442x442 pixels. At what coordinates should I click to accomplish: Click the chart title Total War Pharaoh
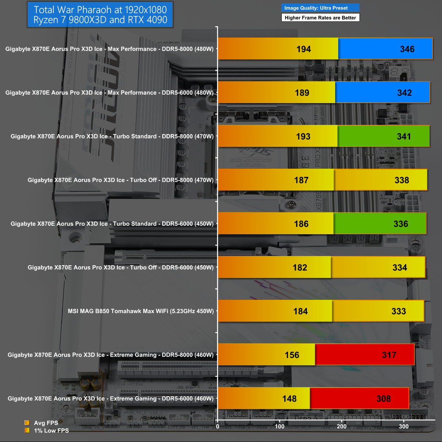point(100,15)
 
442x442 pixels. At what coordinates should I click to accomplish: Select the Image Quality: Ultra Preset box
point(320,8)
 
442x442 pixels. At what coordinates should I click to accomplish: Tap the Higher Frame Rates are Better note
point(320,18)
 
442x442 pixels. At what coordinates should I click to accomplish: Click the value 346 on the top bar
point(407,49)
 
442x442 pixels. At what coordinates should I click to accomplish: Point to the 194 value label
point(304,49)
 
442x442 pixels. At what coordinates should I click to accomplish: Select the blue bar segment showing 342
point(382,92)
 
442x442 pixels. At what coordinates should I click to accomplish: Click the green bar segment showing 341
point(383,136)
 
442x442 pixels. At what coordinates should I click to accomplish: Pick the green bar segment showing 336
point(380,224)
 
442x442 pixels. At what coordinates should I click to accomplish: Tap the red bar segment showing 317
point(365,355)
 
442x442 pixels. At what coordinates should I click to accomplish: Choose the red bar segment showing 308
point(359,399)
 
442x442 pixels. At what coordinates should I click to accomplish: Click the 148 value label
point(289,399)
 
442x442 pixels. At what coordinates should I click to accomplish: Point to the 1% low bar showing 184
point(275,311)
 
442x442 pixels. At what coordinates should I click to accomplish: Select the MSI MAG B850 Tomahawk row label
point(141,311)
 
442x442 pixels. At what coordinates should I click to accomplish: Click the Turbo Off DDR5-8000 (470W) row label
point(120,180)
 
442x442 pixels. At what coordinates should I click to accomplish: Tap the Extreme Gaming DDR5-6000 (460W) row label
point(110,399)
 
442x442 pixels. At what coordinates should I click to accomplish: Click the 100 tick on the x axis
point(280,427)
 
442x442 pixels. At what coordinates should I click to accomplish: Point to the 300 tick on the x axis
point(404,427)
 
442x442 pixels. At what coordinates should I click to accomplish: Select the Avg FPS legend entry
point(46,423)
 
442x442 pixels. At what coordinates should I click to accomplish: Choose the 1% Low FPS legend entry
point(51,431)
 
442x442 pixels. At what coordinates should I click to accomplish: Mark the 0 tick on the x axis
point(218,427)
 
